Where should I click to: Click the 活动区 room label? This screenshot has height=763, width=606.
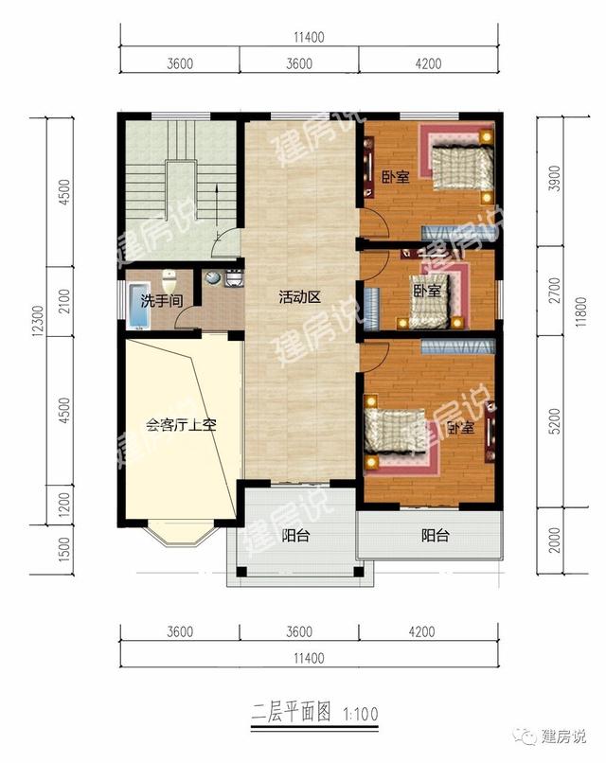tap(300, 297)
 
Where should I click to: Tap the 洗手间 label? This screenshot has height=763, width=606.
tap(162, 301)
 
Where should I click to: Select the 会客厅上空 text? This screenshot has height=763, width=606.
tap(181, 426)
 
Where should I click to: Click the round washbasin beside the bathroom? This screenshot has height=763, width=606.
tap(213, 277)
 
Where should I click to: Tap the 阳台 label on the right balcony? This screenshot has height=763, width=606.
tap(435, 536)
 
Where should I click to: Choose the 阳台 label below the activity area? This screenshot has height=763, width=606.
tap(295, 536)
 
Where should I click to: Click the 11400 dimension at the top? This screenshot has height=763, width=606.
tap(309, 37)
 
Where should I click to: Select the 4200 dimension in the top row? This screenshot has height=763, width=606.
tap(428, 63)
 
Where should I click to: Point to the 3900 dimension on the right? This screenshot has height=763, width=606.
tap(555, 179)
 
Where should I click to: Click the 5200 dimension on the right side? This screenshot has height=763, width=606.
tap(555, 421)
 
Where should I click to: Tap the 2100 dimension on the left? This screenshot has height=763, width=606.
tap(63, 301)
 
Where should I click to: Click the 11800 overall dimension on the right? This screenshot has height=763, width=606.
tap(580, 311)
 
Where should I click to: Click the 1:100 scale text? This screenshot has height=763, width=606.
tap(361, 714)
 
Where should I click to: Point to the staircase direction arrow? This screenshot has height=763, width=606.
tap(217, 212)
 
